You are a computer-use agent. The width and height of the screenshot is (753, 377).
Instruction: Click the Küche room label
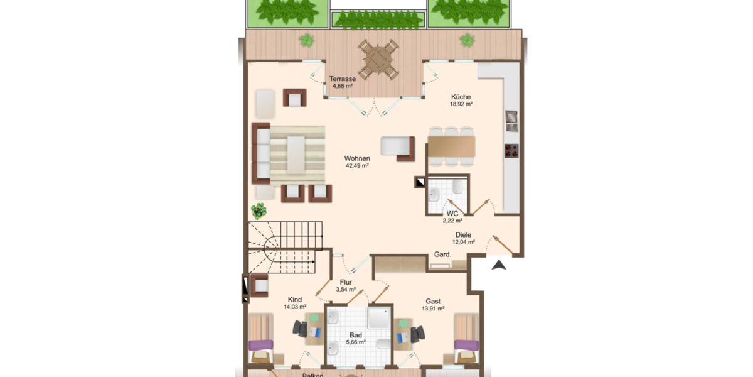461,97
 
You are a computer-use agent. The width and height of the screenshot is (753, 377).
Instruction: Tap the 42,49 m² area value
356,166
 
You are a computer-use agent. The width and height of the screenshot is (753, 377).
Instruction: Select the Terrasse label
343,79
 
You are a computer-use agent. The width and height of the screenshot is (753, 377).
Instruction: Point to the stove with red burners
512,150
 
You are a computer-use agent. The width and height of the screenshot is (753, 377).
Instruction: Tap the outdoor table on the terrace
378,59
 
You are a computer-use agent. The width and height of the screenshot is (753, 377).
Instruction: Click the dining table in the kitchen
451,146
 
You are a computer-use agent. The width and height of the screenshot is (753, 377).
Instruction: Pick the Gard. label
443,254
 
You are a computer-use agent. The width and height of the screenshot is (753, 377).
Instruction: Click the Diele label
464,235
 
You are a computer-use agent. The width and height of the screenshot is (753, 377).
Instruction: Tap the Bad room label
355,336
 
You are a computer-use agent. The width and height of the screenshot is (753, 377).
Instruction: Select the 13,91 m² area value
433,309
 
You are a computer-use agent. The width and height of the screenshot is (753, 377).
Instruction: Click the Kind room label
295,299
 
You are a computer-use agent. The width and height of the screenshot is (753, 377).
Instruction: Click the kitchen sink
511,120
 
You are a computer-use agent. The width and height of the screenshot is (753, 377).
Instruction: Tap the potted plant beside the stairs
259,209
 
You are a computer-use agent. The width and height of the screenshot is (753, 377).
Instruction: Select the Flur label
346,283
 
